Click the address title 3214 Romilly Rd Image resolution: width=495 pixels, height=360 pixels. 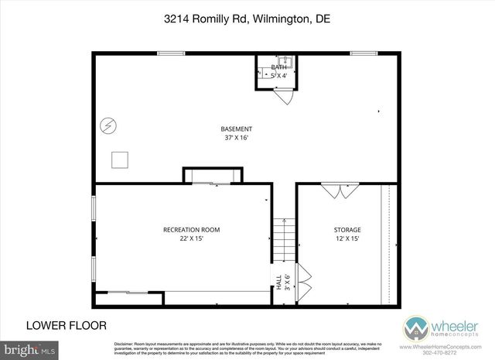click(x=247, y=17)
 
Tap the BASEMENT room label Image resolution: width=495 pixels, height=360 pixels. click(x=236, y=129)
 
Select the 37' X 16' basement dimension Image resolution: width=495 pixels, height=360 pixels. click(x=236, y=138)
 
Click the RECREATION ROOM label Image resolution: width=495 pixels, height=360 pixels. click(x=191, y=229)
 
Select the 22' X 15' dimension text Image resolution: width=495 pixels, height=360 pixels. click(x=191, y=238)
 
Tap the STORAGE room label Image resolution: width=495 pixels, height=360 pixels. click(x=348, y=229)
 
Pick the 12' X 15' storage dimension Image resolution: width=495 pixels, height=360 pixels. click(x=348, y=238)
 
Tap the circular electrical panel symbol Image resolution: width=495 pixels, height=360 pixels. click(x=109, y=125)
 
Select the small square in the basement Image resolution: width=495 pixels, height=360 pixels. click(x=120, y=159)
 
